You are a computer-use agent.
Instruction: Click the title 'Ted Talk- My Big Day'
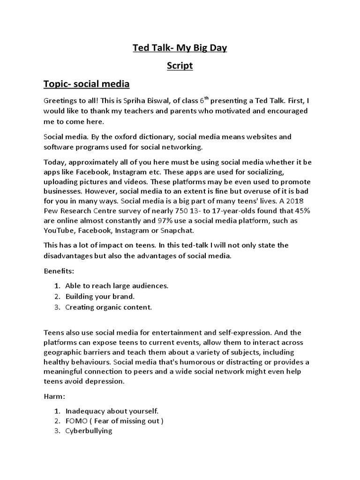pyautogui.click(x=180, y=48)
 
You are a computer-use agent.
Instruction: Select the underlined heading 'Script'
pyautogui.click(x=180, y=66)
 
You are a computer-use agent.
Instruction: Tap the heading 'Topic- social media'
pyautogui.click(x=86, y=84)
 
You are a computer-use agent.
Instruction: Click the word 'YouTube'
pyautogui.click(x=60, y=231)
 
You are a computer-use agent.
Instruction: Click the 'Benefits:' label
pyautogui.click(x=59, y=271)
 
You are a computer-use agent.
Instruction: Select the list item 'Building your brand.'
pyautogui.click(x=100, y=297)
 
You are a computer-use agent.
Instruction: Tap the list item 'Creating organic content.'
pyautogui.click(x=109, y=307)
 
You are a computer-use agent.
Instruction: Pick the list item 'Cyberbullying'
pyautogui.click(x=89, y=431)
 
